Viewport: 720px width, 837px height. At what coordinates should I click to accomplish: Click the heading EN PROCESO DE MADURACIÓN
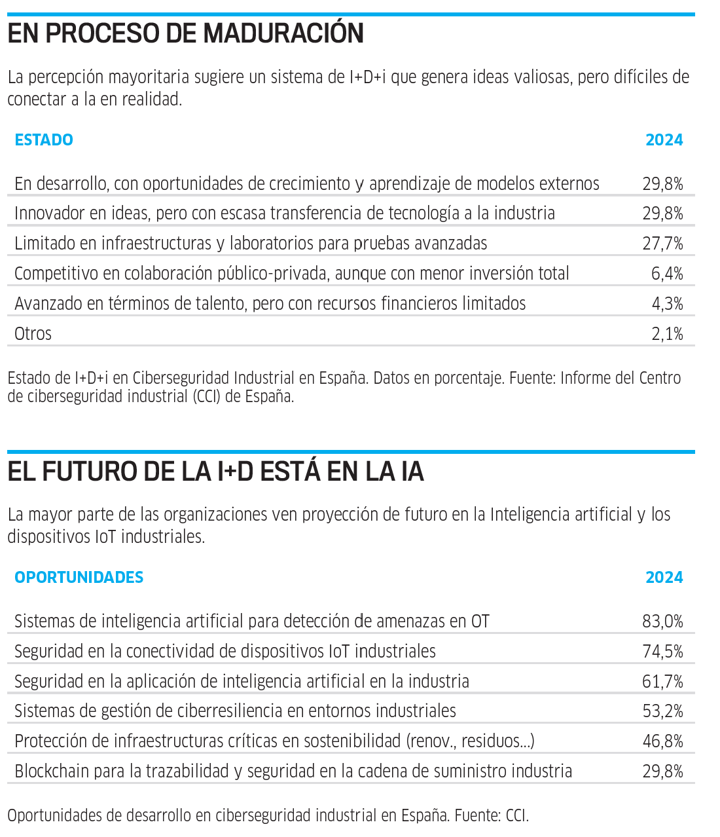(x=185, y=33)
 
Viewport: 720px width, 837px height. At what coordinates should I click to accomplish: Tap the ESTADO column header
(x=44, y=140)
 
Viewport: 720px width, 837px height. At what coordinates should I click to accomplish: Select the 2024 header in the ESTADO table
(x=664, y=140)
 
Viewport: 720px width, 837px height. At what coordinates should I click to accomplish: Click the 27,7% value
(x=662, y=244)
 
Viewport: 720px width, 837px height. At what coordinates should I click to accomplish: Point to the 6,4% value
(x=667, y=274)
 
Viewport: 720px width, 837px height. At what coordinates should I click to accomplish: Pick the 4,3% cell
(x=667, y=304)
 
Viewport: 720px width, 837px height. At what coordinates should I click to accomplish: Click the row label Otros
(x=33, y=334)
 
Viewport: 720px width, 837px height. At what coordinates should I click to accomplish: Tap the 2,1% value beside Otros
(x=667, y=334)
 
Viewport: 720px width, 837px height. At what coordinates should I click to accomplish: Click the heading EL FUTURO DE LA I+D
(x=215, y=472)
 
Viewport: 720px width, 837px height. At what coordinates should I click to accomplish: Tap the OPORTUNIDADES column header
(x=79, y=578)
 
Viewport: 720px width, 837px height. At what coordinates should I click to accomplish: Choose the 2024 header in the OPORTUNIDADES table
(x=664, y=578)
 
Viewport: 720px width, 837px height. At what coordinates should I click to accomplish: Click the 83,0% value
(x=662, y=622)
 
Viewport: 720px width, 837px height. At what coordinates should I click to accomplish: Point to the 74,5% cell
(x=662, y=652)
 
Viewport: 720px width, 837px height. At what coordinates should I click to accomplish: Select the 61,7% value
(x=662, y=682)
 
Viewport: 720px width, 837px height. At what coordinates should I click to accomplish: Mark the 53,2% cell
(x=662, y=711)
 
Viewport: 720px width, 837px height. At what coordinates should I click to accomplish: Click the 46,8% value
(x=662, y=741)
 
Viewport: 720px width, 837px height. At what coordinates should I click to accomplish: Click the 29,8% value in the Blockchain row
(x=662, y=772)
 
